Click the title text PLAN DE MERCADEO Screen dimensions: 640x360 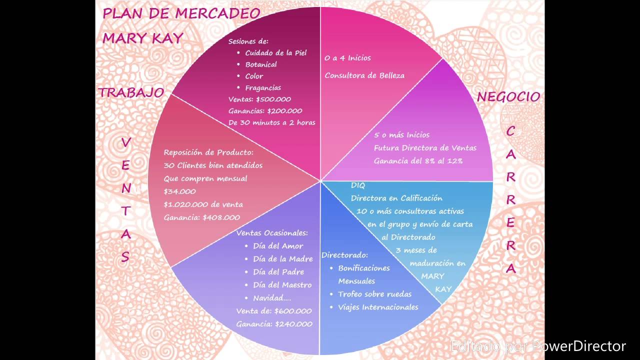(x=181, y=13)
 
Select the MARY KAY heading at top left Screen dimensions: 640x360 (x=143, y=38)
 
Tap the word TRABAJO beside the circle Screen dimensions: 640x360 (x=131, y=92)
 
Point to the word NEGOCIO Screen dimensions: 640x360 (x=508, y=96)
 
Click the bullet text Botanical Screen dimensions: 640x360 (x=261, y=64)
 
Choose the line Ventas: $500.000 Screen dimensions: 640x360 (x=259, y=99)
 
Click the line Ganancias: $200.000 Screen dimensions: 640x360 (x=265, y=111)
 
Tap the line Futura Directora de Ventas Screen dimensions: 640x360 (x=425, y=148)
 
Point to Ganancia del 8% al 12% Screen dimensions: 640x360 (x=418, y=161)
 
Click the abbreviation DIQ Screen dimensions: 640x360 (x=358, y=185)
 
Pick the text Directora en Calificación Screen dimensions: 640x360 (x=396, y=198)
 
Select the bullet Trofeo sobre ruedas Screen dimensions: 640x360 (x=374, y=294)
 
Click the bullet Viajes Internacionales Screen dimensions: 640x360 (x=378, y=307)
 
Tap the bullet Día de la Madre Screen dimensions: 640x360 (x=283, y=259)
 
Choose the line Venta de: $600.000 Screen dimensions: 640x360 (x=274, y=311)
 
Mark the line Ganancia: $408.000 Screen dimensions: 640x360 (x=201, y=217)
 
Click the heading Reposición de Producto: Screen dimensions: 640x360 (x=208, y=152)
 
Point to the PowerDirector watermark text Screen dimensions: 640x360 (x=538, y=346)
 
